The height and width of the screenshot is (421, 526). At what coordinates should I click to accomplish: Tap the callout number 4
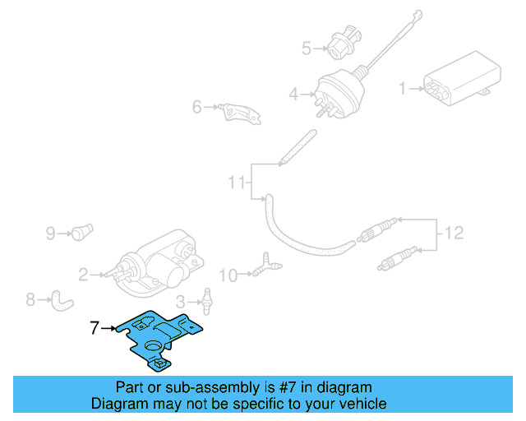(293, 95)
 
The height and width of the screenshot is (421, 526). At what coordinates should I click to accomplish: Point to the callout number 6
(197, 107)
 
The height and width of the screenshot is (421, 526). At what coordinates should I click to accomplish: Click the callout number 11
(237, 183)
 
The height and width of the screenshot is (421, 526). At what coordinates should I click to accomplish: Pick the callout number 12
(454, 234)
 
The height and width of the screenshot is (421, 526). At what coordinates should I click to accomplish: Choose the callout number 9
(50, 234)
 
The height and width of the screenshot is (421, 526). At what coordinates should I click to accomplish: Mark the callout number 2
(83, 274)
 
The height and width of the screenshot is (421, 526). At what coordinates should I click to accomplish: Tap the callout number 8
(30, 300)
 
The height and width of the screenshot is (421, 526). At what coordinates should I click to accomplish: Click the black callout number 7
(94, 328)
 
